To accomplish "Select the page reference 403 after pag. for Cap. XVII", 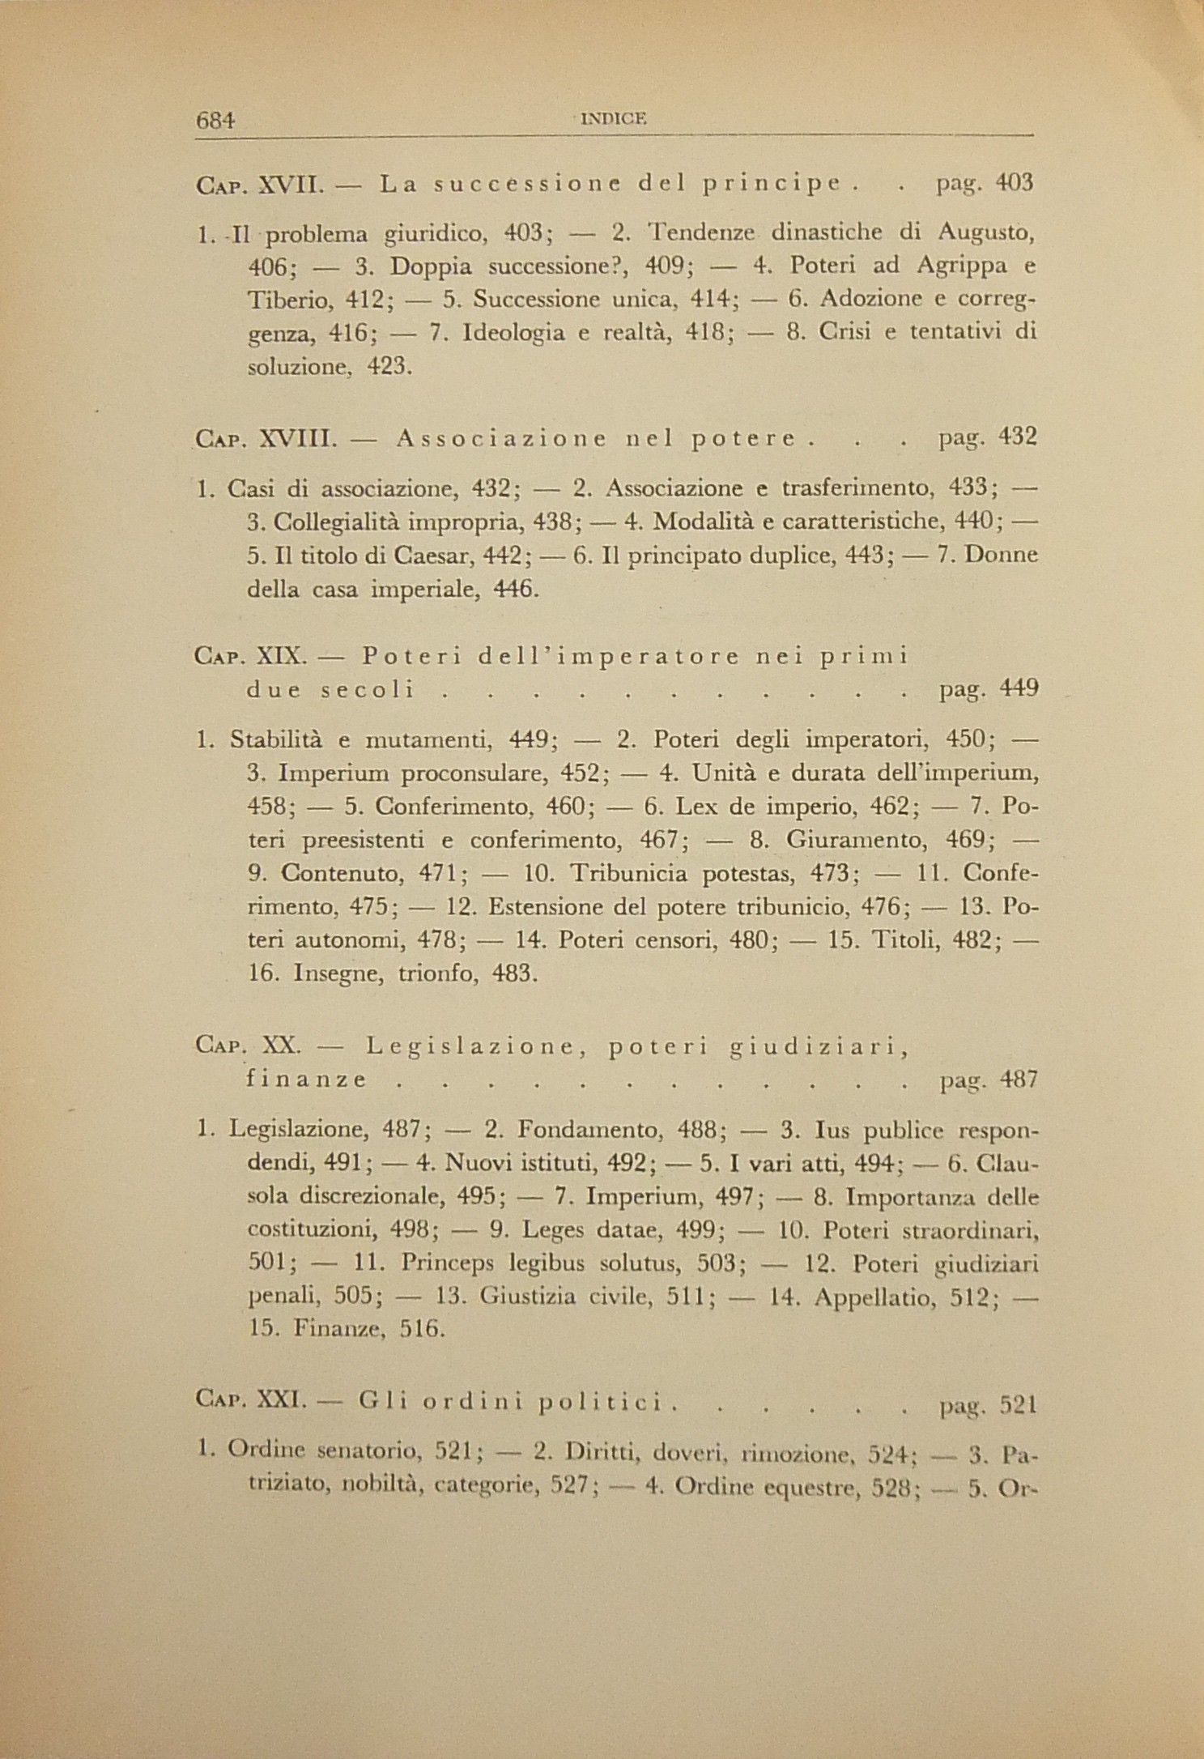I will pyautogui.click(x=1015, y=183).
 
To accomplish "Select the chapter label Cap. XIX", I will pyautogui.click(x=250, y=656).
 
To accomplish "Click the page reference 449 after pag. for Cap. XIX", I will pyautogui.click(x=1019, y=690).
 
